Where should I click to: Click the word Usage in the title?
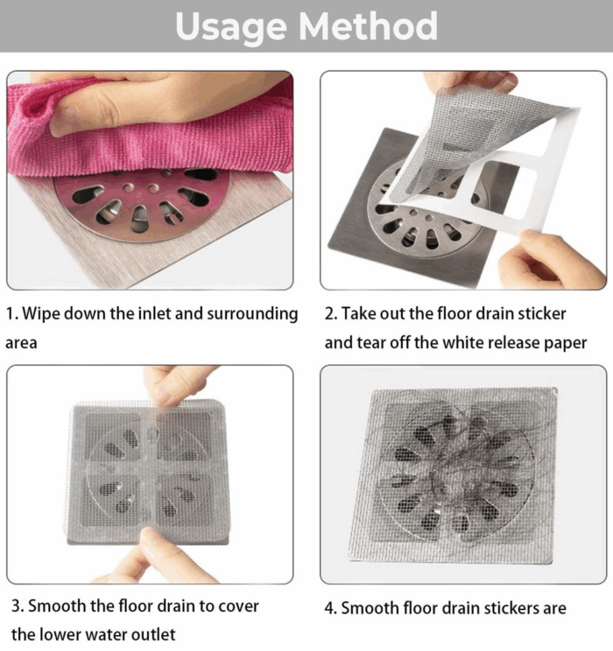pos(230,28)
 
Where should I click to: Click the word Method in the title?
pos(368,25)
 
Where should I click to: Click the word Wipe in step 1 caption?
pos(41,314)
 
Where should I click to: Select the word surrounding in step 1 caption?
pos(252,314)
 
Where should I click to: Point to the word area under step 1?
pos(21,343)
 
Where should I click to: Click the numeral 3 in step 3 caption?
pos(17,606)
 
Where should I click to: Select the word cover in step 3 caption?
pos(238,606)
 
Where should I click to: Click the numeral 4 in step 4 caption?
pos(330,609)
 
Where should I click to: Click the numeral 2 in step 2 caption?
pos(329,314)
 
